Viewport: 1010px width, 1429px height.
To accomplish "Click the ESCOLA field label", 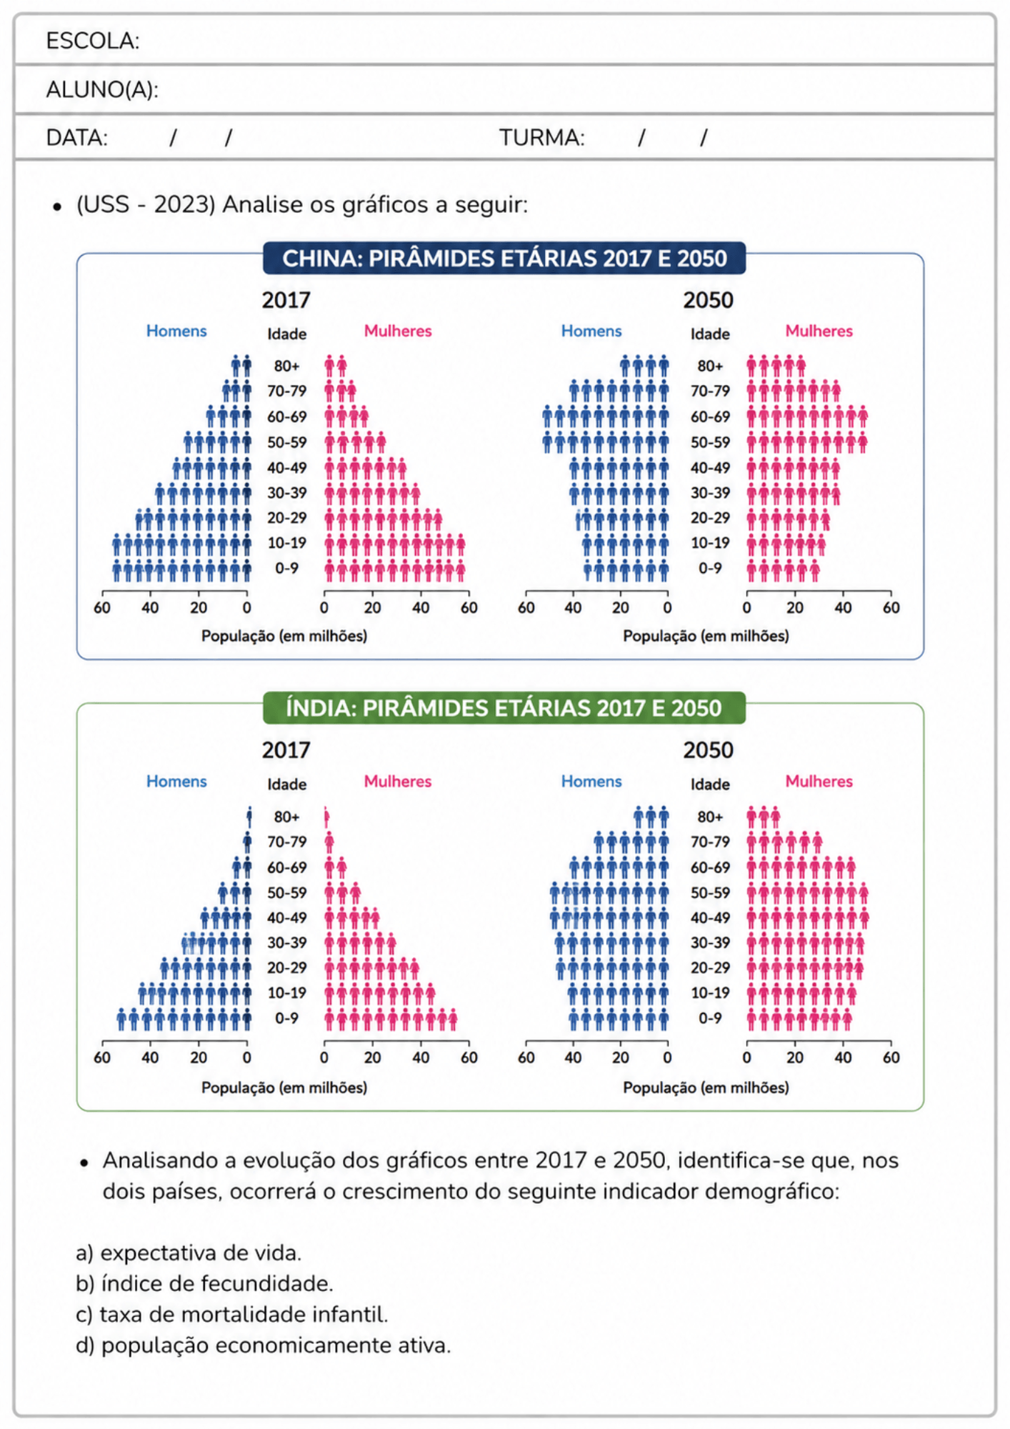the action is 93,41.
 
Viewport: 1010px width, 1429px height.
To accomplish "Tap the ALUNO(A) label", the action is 102,89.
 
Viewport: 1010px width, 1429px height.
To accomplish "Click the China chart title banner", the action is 504,258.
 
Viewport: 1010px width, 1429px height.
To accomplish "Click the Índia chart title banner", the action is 504,708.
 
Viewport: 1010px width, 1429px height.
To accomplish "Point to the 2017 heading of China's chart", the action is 286,300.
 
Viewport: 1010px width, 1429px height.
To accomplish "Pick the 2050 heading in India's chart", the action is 708,750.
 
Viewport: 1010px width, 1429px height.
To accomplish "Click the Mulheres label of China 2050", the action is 819,331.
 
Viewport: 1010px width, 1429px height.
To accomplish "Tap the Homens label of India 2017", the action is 176,781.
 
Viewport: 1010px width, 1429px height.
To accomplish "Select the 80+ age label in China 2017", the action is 286,366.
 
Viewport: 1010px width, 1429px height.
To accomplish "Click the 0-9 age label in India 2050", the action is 710,1018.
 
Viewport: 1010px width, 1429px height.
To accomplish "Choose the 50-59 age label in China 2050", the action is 710,442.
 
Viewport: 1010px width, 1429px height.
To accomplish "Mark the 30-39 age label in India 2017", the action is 287,943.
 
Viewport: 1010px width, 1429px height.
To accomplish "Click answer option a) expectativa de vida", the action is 189,1253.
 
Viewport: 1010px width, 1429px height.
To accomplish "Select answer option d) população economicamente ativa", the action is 264,1345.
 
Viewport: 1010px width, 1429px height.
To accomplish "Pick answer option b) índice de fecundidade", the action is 204,1284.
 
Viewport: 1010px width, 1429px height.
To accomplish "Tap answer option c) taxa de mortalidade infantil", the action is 232,1315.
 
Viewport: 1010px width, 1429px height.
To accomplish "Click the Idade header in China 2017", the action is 287,334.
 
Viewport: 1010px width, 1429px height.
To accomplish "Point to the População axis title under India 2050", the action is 706,1087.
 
